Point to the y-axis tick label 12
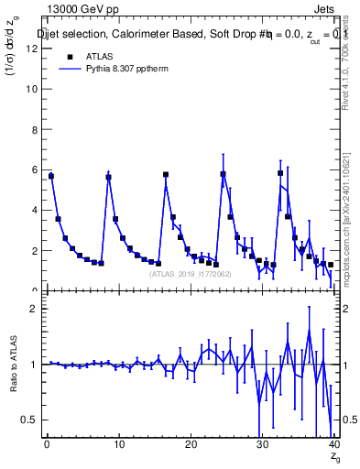(33, 49)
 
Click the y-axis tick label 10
(33, 89)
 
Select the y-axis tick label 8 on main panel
(35, 129)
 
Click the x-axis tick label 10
(118, 445)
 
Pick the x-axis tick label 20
(190, 445)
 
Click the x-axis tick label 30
(262, 445)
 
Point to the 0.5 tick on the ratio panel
(30, 420)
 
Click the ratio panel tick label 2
(35, 309)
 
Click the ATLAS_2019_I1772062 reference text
(190, 274)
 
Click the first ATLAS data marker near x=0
(51, 176)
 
